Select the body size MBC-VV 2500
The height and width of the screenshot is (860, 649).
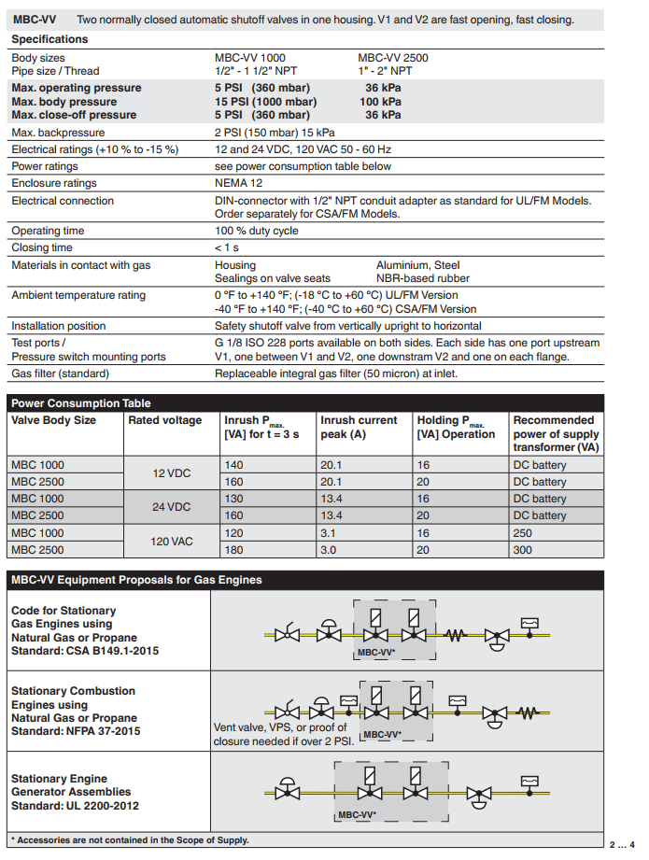393,58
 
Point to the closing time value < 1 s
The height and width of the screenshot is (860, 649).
227,248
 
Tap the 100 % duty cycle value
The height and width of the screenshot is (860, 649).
257,231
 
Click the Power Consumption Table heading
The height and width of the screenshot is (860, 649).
80,403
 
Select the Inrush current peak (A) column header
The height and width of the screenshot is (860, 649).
359,428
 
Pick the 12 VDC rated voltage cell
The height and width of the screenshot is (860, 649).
172,473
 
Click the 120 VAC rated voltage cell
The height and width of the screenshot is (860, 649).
172,542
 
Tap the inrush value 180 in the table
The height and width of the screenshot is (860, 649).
233,550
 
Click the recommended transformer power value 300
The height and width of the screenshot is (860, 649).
523,550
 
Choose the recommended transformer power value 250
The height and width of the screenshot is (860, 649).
523,533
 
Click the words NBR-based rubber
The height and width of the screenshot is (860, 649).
423,278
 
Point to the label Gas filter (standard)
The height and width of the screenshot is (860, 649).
60,374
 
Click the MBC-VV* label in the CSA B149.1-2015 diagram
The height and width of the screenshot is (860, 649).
375,653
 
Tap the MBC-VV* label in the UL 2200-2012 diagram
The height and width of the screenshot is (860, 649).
355,815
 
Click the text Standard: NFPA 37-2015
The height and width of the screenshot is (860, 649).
76,731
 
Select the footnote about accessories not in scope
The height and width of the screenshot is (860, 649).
131,840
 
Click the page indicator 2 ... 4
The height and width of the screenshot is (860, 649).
624,844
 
